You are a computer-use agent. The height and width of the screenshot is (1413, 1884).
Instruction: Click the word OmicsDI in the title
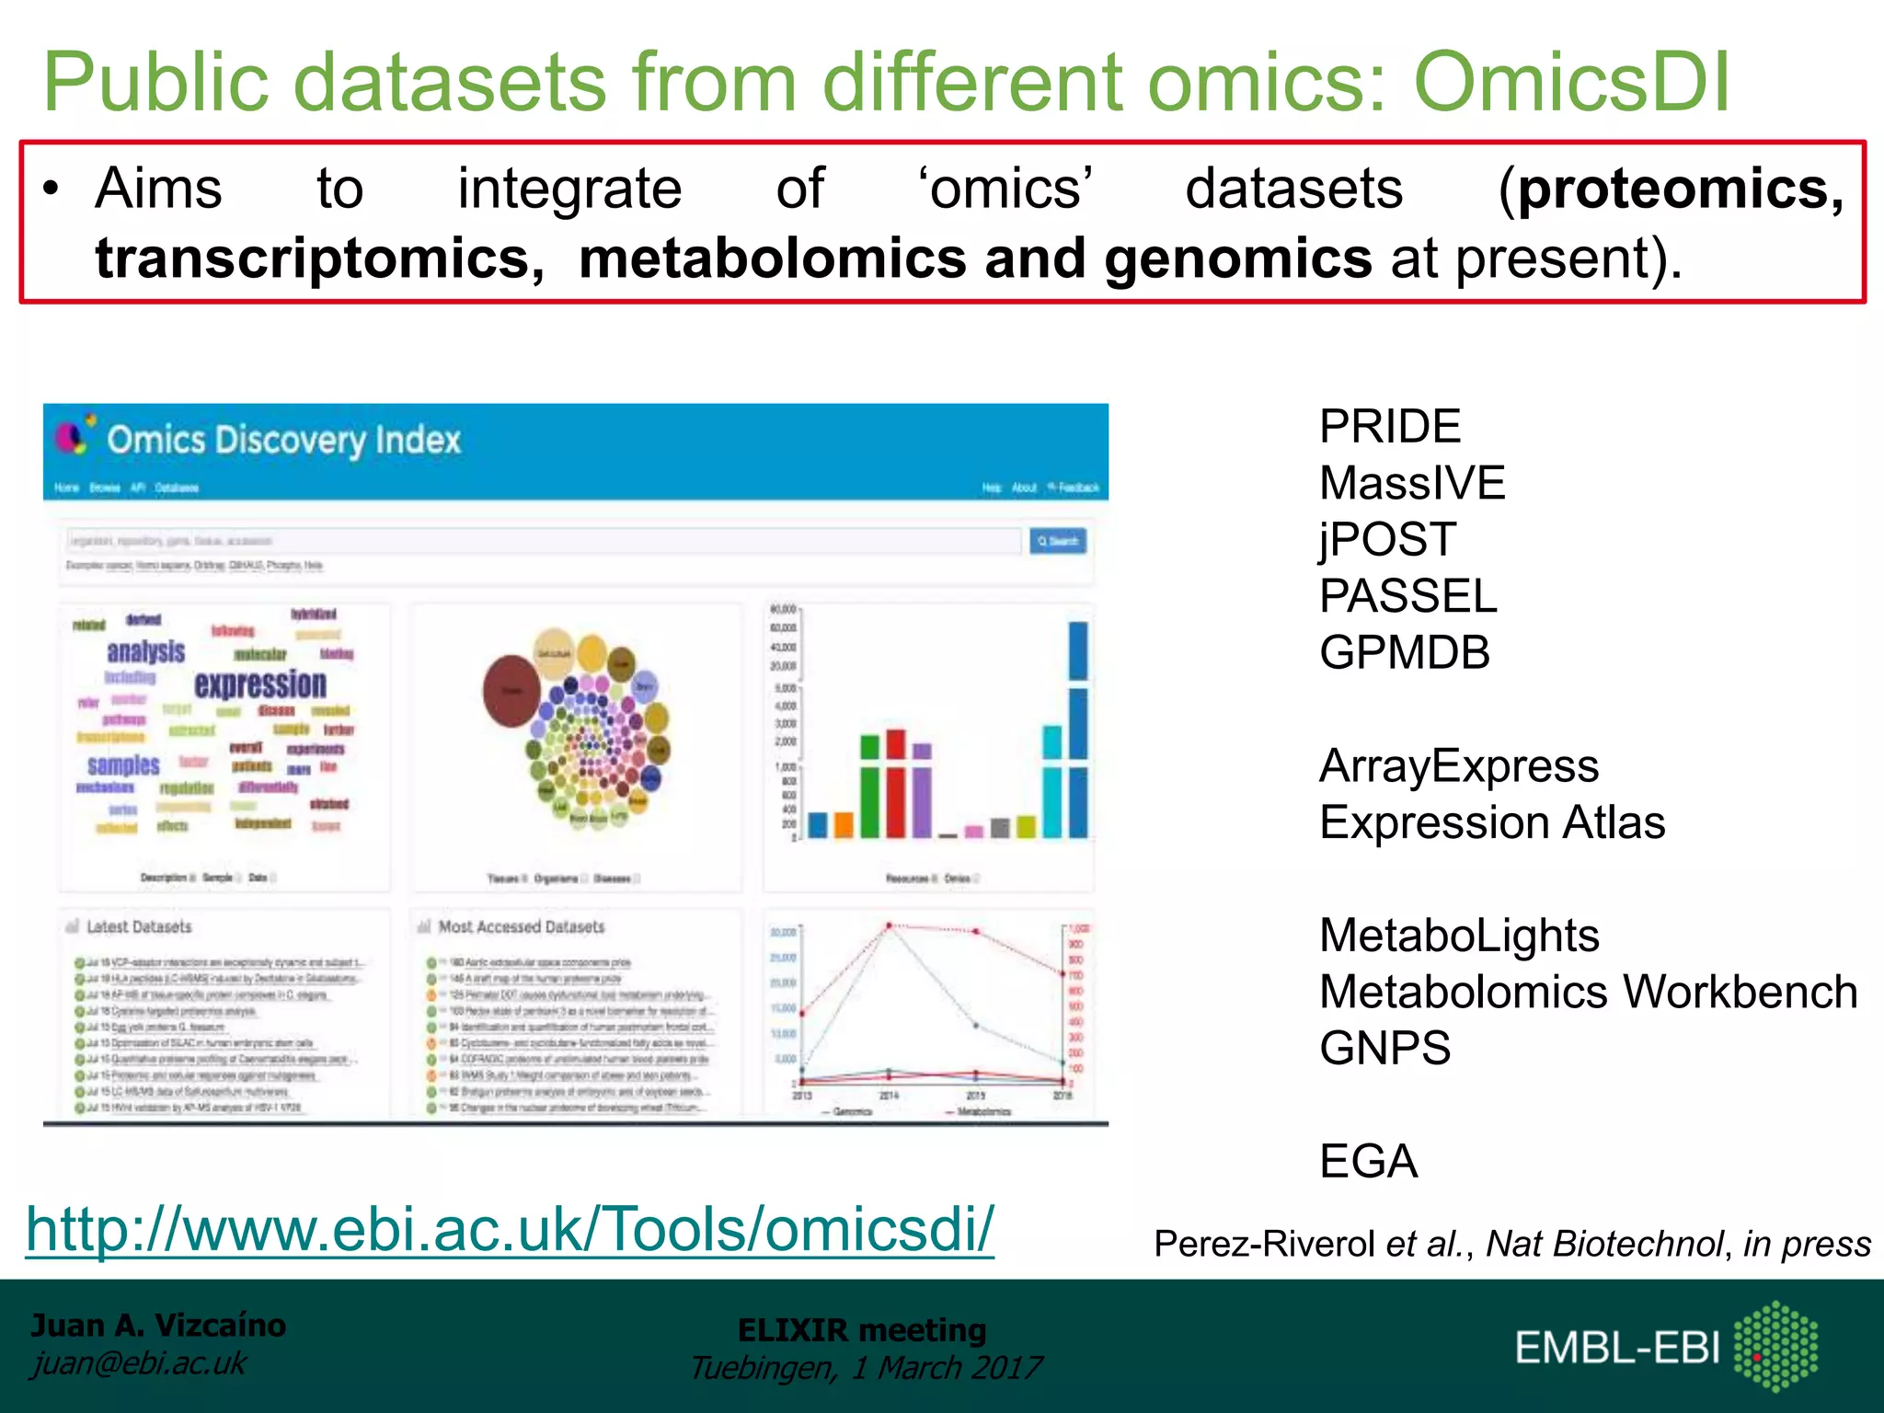coord(1571,83)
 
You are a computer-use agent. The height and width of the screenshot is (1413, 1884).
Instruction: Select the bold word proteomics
coord(1680,190)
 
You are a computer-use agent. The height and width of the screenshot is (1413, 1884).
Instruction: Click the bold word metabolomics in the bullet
coord(771,258)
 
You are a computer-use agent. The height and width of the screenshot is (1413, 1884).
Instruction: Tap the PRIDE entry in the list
coord(1389,427)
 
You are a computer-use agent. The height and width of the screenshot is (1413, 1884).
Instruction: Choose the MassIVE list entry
coord(1411,484)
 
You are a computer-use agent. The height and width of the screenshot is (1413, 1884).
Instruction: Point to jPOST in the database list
coord(1386,540)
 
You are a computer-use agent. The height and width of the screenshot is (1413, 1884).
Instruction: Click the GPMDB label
coord(1404,653)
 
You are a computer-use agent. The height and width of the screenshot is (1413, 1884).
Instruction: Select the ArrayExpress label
coord(1458,766)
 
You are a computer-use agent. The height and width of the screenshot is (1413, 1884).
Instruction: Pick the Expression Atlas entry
coord(1491,822)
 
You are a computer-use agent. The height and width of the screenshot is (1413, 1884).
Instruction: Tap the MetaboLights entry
coord(1459,936)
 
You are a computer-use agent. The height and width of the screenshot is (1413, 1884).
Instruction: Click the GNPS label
coord(1384,1049)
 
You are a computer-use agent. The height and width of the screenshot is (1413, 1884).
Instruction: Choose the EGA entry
coord(1368,1161)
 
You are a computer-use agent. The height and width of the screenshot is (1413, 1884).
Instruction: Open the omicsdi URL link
coord(510,1229)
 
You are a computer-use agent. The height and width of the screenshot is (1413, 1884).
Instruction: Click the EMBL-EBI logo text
coord(1616,1349)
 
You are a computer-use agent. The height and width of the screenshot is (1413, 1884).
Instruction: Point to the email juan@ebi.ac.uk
coord(139,1363)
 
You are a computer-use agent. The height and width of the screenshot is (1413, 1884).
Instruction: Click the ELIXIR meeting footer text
coord(861,1330)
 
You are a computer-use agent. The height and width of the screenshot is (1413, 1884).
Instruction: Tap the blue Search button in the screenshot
coord(1057,541)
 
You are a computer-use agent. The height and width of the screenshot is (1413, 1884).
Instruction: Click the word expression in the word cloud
coord(260,684)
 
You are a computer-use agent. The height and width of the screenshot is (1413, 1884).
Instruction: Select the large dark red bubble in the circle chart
coord(511,690)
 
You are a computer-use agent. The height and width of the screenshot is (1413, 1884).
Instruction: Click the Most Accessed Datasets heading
coord(521,927)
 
